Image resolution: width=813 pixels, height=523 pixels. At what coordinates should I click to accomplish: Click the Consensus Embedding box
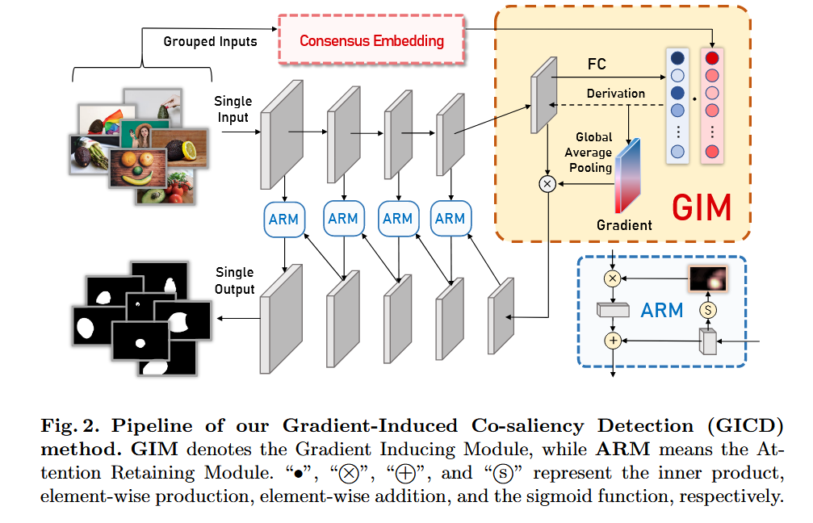371,40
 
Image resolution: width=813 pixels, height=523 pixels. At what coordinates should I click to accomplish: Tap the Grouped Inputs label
210,41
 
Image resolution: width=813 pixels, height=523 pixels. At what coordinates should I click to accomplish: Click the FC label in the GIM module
597,64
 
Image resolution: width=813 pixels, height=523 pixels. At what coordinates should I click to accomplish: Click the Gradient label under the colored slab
624,225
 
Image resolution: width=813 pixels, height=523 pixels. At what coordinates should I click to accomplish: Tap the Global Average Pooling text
592,153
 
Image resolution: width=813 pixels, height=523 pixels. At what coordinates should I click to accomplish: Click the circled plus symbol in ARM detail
613,341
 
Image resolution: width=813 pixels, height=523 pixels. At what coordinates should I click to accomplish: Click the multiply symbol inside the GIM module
547,185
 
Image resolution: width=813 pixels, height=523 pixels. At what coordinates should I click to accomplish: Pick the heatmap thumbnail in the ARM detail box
708,278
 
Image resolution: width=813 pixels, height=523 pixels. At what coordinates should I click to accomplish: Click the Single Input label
233,110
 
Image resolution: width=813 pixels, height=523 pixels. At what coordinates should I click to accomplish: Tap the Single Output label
234,281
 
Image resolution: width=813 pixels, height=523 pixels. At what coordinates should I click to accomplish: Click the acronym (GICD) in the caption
751,425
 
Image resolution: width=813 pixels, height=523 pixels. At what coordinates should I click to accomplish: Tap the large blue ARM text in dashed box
662,310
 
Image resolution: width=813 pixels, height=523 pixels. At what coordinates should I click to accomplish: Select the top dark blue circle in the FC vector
677,58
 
